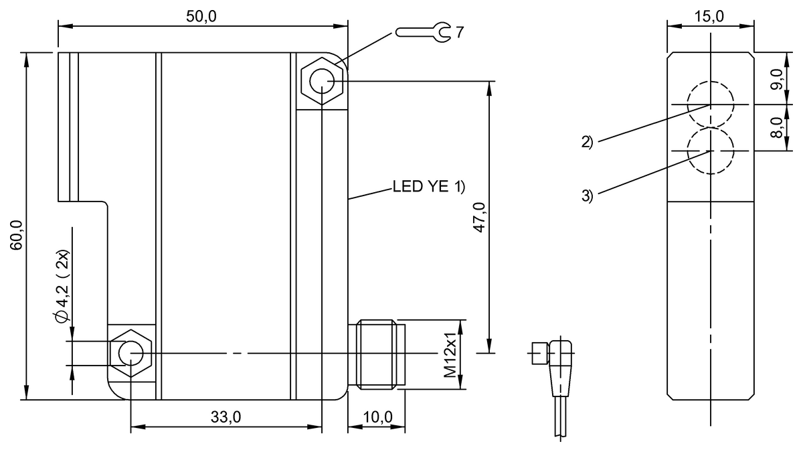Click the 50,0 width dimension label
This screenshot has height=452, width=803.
tap(202, 16)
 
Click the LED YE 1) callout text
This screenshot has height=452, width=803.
tap(428, 187)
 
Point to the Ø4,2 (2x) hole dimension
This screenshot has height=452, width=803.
tap(62, 288)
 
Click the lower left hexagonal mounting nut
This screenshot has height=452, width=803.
tap(130, 352)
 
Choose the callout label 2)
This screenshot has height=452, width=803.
tap(587, 141)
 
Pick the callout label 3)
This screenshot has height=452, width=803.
tap(587, 196)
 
